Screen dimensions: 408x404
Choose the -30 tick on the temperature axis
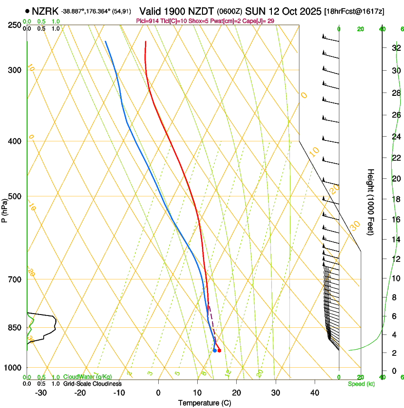click(41, 392)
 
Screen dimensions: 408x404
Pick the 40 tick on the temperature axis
click(315, 392)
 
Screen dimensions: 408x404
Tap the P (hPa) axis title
click(5, 209)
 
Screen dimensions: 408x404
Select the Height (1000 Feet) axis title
click(371, 202)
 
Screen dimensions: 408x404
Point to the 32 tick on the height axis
click(395, 48)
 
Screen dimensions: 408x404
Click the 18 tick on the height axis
click(395, 199)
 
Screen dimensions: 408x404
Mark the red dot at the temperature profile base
click(219, 351)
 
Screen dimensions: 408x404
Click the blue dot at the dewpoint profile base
click(215, 351)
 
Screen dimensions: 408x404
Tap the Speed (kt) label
click(361, 384)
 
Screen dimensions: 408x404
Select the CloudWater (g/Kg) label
click(87, 377)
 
